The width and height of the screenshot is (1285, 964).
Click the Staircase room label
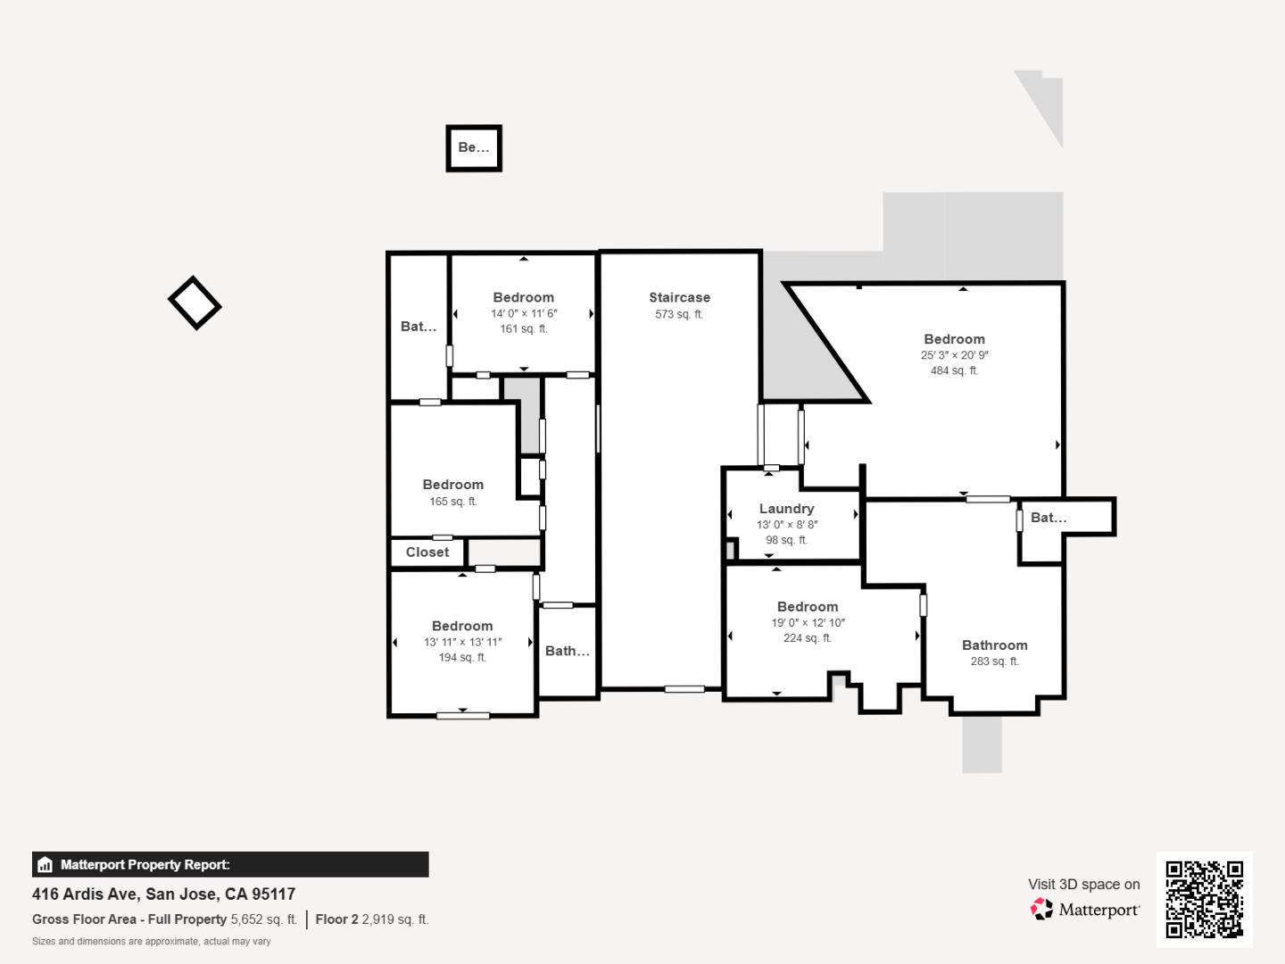tap(679, 297)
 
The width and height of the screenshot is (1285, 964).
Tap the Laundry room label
tap(786, 509)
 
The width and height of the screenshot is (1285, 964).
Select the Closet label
tap(427, 553)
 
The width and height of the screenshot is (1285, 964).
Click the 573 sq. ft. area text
tap(679, 314)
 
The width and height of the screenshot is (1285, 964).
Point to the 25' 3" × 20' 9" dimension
tap(954, 355)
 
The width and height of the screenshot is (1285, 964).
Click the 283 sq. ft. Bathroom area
tap(994, 661)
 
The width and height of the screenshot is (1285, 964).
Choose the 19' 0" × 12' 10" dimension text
tap(808, 623)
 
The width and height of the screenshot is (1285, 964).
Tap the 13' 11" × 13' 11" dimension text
tap(462, 642)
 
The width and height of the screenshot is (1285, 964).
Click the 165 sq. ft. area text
tap(453, 502)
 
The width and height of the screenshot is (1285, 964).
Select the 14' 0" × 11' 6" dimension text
tap(524, 313)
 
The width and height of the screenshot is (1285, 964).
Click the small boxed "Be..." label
tap(474, 148)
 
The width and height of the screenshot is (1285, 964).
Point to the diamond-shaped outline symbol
tap(195, 303)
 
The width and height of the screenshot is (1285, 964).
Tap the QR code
tap(1204, 899)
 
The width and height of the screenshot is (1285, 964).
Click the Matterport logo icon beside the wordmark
tap(1040, 910)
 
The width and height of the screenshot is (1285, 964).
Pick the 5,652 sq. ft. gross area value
tap(263, 919)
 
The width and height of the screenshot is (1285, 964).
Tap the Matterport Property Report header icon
tap(45, 865)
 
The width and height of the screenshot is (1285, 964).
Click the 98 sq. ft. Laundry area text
tap(786, 540)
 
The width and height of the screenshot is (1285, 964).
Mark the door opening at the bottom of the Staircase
tap(684, 689)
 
